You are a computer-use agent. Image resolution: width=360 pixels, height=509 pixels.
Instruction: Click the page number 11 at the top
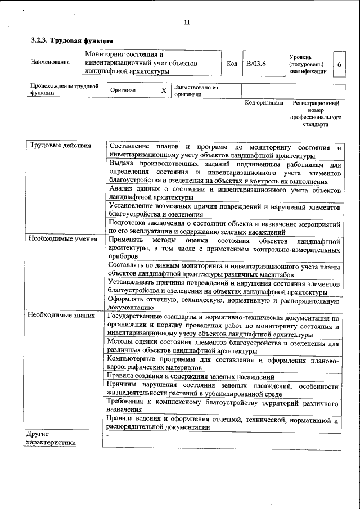[187, 22]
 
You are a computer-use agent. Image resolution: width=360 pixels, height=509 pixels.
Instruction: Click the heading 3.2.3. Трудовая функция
[72, 40]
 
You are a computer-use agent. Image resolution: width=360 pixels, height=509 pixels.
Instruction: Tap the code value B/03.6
[255, 64]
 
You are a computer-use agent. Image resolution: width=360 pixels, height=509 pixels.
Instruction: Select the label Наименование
[51, 62]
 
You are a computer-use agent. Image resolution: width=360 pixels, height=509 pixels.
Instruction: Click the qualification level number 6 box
[339, 64]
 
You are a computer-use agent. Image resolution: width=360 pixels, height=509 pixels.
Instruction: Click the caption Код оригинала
[264, 103]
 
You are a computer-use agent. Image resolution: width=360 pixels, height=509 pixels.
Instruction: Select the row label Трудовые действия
[60, 146]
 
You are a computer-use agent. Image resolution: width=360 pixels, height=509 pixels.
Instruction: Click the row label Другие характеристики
[51, 438]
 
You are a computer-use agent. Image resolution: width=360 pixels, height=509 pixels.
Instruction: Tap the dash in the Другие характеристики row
[107, 435]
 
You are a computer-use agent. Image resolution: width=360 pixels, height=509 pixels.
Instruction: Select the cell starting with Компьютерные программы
[223, 363]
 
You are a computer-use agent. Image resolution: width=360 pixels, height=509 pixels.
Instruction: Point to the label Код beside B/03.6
[232, 64]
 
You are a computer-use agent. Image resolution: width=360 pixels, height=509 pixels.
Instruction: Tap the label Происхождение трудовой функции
[65, 90]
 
